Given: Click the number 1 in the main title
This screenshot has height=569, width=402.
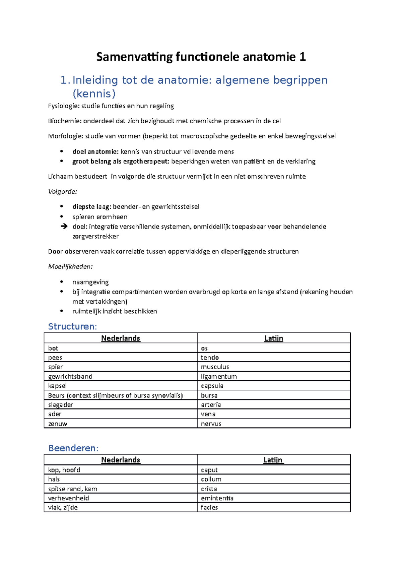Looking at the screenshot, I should [303, 57].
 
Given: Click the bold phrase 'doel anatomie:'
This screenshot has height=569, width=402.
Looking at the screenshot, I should [95, 152].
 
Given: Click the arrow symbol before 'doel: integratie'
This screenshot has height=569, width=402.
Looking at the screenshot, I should [64, 227].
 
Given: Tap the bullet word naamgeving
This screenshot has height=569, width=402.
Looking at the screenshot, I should [90, 282].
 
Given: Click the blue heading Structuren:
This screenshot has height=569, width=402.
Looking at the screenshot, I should [72, 326].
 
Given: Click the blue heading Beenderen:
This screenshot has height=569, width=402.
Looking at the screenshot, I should [73, 448].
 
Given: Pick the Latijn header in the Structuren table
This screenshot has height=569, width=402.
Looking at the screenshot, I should [274, 338].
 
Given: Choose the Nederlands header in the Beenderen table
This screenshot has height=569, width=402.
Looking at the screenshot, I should [121, 460].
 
